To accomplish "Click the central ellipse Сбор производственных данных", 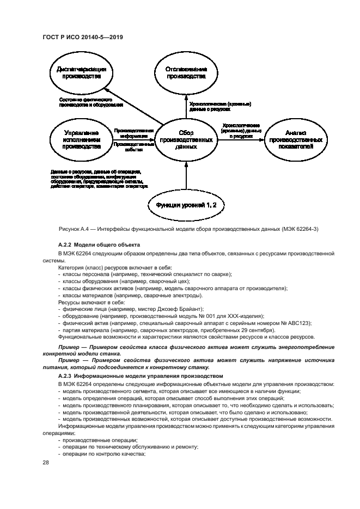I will [186, 139].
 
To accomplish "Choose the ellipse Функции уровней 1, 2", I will [186, 205].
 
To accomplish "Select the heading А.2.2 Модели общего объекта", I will [99, 246].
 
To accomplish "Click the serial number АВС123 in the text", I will [301, 323].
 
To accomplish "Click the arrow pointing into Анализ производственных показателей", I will [240, 139].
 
